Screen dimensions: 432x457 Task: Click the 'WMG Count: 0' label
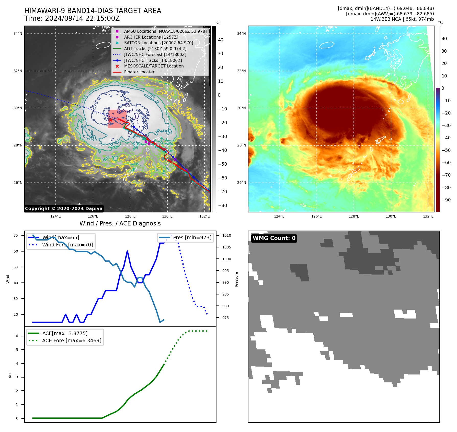pos(274,238)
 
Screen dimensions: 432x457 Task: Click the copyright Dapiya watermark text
pos(64,209)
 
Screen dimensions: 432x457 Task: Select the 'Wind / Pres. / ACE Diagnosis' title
pos(120,223)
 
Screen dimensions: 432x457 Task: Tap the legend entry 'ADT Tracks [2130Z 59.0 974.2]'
pos(155,49)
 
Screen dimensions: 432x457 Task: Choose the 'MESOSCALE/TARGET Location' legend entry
pos(154,66)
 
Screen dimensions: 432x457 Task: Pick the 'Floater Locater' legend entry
pos(139,72)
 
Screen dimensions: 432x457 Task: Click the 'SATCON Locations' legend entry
pos(158,43)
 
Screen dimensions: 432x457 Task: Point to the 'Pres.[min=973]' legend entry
pos(192,237)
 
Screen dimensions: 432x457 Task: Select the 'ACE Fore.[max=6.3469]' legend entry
pos(72,340)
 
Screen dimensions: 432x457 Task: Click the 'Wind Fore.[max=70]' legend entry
pos(67,245)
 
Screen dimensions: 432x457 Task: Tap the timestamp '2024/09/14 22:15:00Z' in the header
pos(82,18)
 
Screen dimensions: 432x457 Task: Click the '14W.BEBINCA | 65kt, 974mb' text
pos(402,19)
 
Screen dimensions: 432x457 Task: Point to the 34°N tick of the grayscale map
pos(18,33)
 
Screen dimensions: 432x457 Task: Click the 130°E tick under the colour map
pos(391,216)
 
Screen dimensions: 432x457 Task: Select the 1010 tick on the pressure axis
pos(226,235)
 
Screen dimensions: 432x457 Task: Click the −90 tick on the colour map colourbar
pos(446,200)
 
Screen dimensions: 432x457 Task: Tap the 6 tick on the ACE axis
pos(17,336)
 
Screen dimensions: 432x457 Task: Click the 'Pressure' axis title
pos(236,279)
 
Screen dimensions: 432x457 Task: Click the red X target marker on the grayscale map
pos(110,120)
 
